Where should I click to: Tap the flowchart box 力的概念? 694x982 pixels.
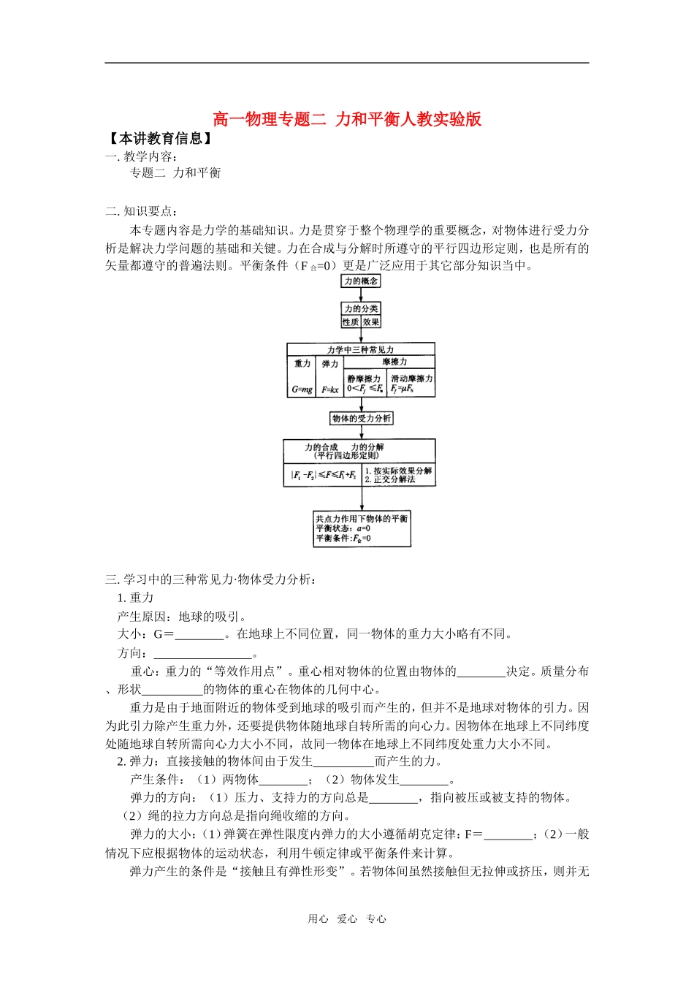pos(361,281)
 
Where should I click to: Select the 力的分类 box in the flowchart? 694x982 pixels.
pos(361,308)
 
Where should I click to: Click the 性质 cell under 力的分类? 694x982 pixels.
pos(351,321)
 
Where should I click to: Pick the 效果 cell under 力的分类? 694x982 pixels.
pos(371,321)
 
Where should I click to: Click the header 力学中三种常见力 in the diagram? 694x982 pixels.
pos(361,350)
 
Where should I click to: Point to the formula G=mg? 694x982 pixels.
pos(302,389)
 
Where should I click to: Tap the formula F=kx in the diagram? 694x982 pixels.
pos(330,390)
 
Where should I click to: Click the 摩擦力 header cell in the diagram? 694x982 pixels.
pos(394,362)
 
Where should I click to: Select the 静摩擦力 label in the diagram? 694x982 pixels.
pos(364,378)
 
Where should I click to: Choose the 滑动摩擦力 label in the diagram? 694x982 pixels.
pos(411,378)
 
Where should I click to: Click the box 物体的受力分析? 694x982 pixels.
pos(362,418)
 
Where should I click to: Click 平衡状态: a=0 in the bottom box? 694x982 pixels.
pos(343,528)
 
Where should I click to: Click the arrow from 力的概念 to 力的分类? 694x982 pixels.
pos(361,294)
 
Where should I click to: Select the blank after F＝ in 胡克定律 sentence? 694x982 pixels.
pos(508,834)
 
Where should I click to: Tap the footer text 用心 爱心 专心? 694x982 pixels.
pos(347,919)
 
